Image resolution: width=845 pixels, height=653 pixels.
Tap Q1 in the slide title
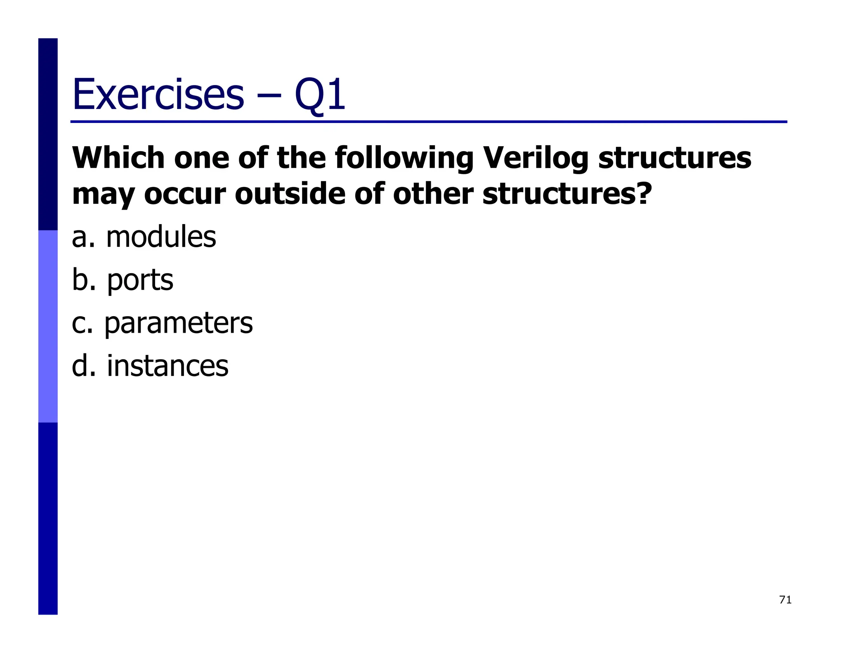click(x=320, y=95)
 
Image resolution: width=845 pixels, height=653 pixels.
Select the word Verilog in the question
click(x=535, y=159)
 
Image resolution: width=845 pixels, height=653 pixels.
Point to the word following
click(x=404, y=159)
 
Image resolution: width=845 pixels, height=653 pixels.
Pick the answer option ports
click(x=140, y=280)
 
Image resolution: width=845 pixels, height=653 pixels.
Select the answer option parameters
click(x=178, y=323)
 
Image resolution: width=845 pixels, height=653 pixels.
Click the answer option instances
click(x=167, y=366)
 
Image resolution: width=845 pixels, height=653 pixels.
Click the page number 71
click(x=785, y=600)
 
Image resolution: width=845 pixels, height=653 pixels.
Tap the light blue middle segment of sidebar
click(x=48, y=326)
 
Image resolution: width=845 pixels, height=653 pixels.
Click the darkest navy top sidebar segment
click(x=48, y=134)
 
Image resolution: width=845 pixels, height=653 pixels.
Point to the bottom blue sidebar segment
click(x=48, y=518)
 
